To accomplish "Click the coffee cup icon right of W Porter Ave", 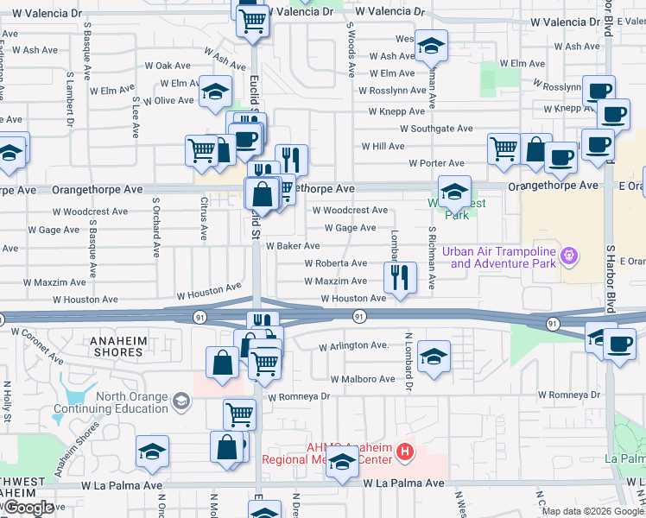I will tap(560, 156).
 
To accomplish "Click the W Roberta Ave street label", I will tap(334, 263).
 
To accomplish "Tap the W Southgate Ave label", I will tap(436, 129).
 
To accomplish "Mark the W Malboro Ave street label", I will tap(364, 379).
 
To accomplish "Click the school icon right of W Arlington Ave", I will tap(433, 355).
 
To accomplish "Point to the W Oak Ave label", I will tap(168, 66).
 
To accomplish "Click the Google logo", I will tap(28, 508).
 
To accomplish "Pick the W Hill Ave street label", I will tap(383, 147).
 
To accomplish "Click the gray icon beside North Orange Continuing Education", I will tap(181, 401).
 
